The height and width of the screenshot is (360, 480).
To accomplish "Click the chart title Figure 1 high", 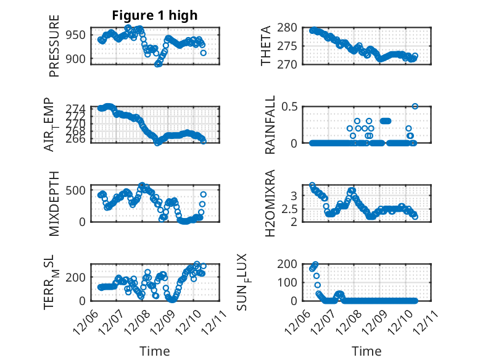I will [154, 15].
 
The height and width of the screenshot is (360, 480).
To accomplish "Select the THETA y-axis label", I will [266, 46].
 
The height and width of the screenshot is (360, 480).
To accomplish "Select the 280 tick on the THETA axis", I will [290, 28].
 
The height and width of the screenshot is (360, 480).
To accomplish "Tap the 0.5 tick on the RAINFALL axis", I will [291, 106].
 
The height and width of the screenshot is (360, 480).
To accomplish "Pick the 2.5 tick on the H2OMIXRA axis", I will [291, 209].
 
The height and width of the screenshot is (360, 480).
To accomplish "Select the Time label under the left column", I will [154, 351].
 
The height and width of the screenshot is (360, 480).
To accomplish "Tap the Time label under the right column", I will [367, 351].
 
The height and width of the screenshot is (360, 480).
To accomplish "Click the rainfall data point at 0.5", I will [415, 106].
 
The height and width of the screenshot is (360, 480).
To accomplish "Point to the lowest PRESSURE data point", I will [158, 64].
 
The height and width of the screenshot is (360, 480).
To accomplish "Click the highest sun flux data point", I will [316, 264].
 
